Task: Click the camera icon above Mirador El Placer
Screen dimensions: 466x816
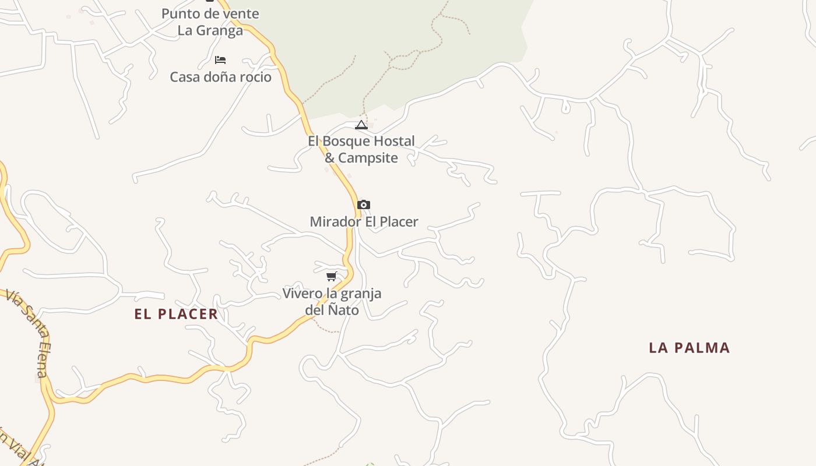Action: click(364, 205)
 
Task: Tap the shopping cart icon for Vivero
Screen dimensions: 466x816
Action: click(332, 276)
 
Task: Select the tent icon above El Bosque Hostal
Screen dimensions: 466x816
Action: click(361, 125)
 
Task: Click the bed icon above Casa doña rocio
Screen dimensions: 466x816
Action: click(220, 60)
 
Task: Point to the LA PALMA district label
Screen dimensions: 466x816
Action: click(689, 348)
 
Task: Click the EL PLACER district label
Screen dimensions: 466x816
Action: click(176, 314)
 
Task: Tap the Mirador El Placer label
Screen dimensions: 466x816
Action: click(364, 222)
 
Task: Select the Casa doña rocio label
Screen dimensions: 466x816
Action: click(220, 77)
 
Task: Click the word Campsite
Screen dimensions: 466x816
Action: click(368, 158)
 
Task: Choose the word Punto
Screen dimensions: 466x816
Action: click(180, 13)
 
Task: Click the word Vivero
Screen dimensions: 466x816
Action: click(301, 293)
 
